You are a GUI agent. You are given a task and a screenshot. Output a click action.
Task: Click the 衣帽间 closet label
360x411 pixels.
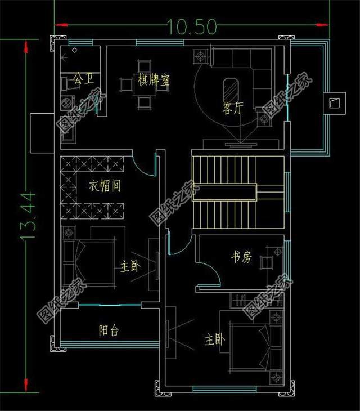tap(104, 185)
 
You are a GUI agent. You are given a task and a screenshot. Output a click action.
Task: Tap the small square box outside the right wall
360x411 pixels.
tap(334, 102)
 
